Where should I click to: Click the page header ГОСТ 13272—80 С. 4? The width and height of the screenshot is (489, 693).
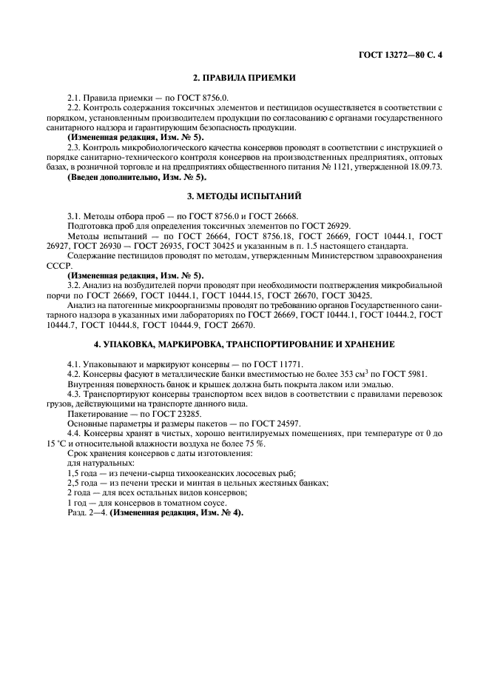click(x=405, y=55)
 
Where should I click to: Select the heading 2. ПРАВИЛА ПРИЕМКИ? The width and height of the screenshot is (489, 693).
click(x=244, y=78)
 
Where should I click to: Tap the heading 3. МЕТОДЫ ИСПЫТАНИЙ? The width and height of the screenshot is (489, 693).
click(x=244, y=195)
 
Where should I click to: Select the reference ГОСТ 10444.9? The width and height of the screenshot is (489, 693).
click(x=170, y=324)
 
